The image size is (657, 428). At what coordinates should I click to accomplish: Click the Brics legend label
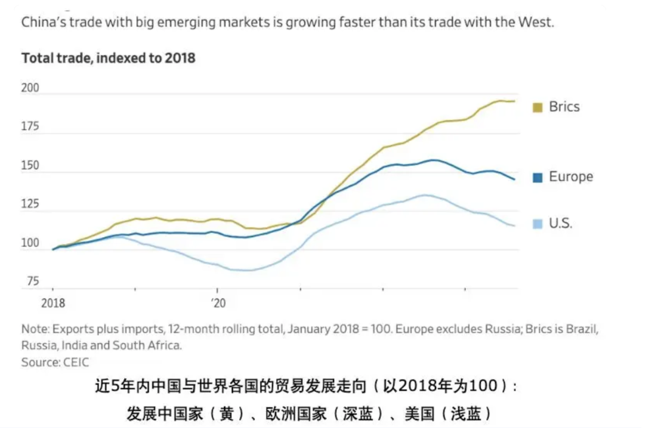tap(564, 107)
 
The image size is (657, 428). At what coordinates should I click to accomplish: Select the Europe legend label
tap(571, 177)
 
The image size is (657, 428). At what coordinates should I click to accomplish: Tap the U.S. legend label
tap(560, 223)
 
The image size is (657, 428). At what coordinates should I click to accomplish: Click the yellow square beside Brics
tap(537, 108)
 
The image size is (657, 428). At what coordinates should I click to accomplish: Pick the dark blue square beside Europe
tap(537, 178)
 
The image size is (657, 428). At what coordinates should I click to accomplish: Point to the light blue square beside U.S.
tap(537, 224)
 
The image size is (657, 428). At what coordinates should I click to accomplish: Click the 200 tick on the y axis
tap(30, 88)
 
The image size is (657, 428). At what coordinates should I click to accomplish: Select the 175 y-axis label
tap(30, 127)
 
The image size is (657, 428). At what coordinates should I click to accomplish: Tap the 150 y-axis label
tap(30, 166)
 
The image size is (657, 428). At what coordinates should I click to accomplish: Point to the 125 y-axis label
tap(30, 205)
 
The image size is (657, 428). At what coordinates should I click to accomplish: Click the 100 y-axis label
tap(30, 243)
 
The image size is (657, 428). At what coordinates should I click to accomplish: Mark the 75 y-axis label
tap(33, 281)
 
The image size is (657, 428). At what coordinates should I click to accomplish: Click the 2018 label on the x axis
tap(53, 302)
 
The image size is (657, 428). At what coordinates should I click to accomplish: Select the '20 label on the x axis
tap(218, 302)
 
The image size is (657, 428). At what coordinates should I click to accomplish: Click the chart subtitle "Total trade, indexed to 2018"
tap(108, 58)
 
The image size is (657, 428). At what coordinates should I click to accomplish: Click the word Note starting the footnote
tap(35, 330)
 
